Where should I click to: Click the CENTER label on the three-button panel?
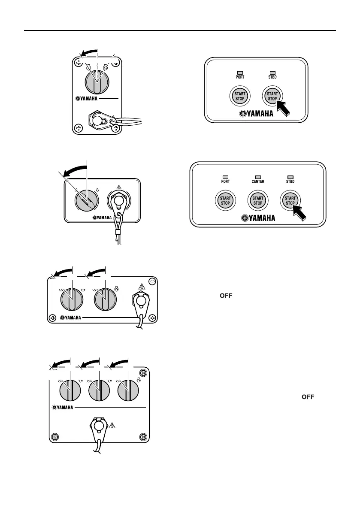click(257, 181)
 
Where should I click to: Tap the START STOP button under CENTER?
click(257, 200)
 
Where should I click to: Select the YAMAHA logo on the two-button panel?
click(257, 115)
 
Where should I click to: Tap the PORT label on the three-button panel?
click(225, 181)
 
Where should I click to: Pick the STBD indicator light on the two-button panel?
click(272, 73)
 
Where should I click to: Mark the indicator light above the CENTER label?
click(257, 176)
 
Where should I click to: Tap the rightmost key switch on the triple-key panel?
click(127, 389)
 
